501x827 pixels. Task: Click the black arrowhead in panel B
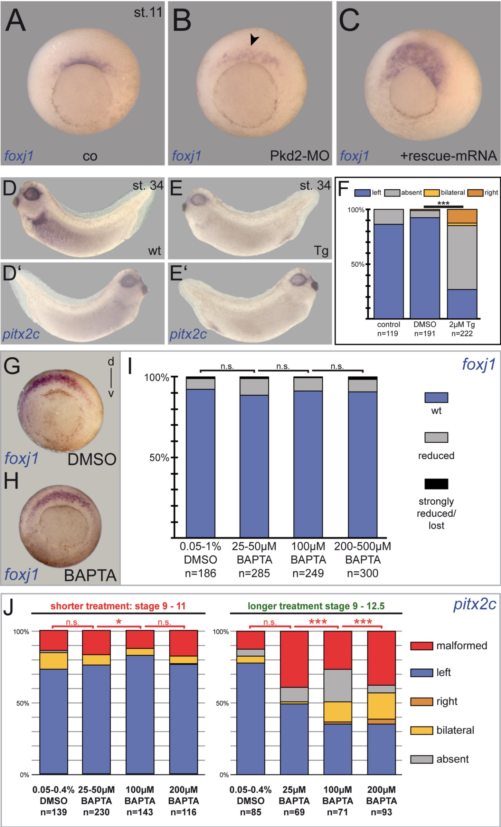(254, 39)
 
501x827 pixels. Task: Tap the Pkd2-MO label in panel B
(299, 155)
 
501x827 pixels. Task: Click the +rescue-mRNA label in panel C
(448, 155)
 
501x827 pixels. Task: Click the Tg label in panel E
(321, 251)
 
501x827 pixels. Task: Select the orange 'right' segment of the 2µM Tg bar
(462, 216)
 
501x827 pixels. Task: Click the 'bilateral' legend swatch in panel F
(431, 193)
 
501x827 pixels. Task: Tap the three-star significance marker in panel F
(443, 204)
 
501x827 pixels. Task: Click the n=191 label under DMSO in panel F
(425, 333)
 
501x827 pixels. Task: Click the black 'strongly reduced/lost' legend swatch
(436, 484)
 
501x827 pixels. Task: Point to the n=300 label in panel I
(362, 573)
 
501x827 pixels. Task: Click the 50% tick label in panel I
(159, 458)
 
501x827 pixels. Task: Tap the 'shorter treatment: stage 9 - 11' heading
(118, 606)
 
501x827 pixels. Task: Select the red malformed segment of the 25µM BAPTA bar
(294, 659)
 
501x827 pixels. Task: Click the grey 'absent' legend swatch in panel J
(421, 759)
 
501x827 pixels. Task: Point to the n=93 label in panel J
(381, 812)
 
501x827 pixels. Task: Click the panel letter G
(12, 366)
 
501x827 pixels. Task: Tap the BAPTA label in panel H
(90, 575)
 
